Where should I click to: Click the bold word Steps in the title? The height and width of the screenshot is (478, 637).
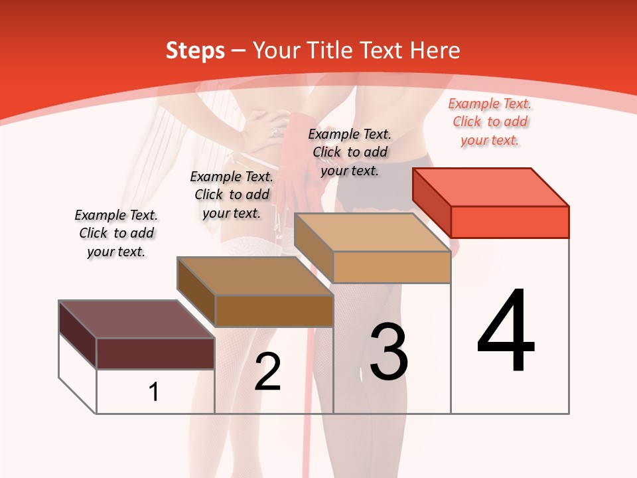[195, 50]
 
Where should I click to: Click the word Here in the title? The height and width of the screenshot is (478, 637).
[435, 50]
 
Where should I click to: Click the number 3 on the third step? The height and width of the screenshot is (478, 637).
[389, 352]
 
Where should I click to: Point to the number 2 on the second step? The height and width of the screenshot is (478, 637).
[268, 372]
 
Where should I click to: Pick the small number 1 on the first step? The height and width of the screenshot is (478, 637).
[154, 392]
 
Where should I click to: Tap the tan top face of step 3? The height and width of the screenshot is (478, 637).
[372, 232]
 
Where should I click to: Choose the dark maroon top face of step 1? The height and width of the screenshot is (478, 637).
[136, 319]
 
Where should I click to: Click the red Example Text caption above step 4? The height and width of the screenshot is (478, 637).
[490, 122]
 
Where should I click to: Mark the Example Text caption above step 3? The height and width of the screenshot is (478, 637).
[350, 152]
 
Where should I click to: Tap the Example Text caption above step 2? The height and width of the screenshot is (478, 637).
[232, 195]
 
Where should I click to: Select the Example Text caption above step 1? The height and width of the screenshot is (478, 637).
[116, 233]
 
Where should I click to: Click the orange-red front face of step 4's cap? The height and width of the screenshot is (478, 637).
[510, 222]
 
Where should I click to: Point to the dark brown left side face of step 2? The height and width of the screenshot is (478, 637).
[196, 292]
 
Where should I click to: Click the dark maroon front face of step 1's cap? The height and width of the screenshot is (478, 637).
[155, 353]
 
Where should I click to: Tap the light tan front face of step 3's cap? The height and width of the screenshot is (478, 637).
[391, 267]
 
